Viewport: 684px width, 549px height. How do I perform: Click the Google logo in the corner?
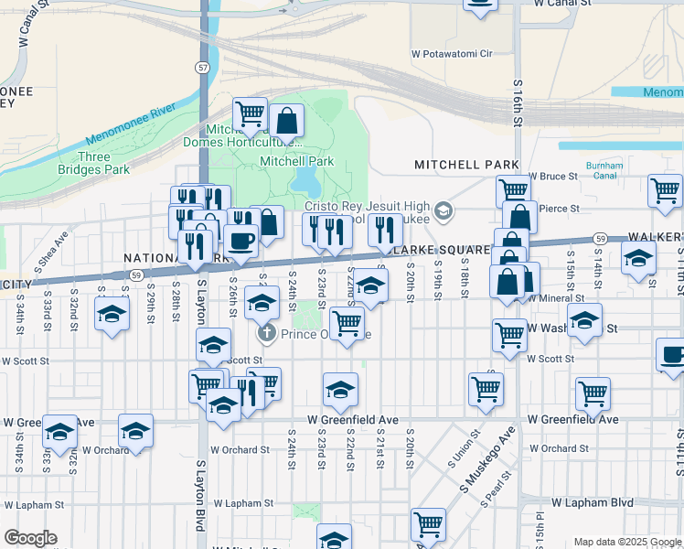click(x=30, y=538)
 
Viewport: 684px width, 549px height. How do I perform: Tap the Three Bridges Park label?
click(x=103, y=163)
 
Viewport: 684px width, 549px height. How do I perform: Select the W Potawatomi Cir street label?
click(x=451, y=54)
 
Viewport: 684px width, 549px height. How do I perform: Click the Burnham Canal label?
click(x=604, y=171)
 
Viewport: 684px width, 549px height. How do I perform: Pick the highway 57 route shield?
click(x=202, y=67)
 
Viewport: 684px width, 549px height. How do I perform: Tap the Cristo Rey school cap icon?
click(x=444, y=212)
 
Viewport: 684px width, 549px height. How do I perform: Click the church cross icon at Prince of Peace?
click(x=267, y=332)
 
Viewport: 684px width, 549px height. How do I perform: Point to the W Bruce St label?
click(x=552, y=177)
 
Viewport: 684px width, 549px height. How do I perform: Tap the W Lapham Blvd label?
click(x=593, y=502)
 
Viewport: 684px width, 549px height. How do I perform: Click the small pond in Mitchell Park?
click(x=304, y=180)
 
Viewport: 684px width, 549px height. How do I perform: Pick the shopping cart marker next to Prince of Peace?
click(x=347, y=322)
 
